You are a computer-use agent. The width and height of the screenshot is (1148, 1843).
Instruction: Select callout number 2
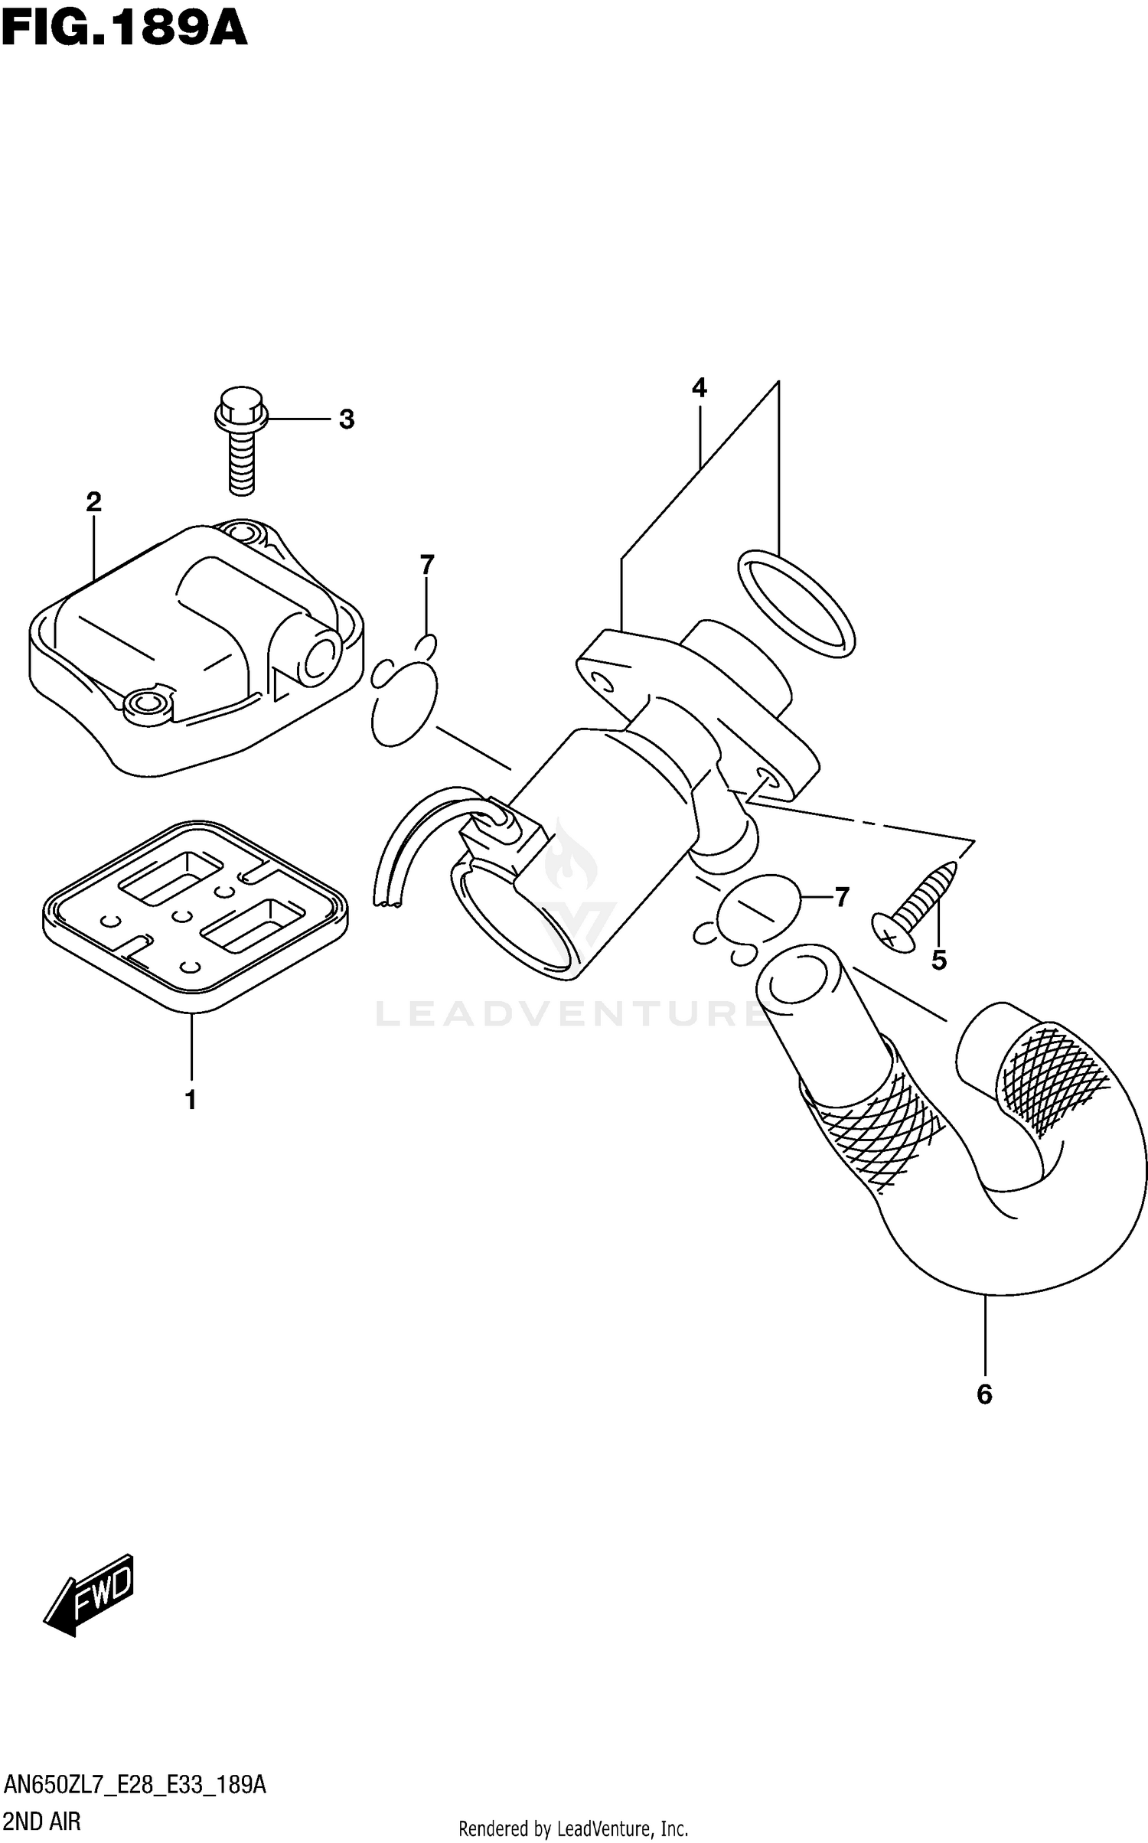click(x=93, y=502)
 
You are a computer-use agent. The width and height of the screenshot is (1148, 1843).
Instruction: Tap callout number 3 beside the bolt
click(x=347, y=419)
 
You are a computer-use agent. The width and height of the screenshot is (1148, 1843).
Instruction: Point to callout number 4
click(x=699, y=389)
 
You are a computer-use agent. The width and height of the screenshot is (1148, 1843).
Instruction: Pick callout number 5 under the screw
click(x=939, y=960)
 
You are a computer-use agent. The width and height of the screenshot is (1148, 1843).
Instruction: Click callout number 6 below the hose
click(x=984, y=1394)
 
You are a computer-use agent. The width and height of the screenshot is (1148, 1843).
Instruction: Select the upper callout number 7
click(x=427, y=565)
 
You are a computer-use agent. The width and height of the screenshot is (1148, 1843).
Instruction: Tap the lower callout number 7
click(x=842, y=897)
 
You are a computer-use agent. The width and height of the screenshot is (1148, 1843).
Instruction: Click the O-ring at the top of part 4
click(x=796, y=603)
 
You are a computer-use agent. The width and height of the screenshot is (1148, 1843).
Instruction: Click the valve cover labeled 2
click(x=195, y=651)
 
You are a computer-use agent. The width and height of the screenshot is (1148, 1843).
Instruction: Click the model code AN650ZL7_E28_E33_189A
click(x=135, y=1786)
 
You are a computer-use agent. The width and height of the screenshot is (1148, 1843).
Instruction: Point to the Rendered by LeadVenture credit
click(x=573, y=1828)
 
